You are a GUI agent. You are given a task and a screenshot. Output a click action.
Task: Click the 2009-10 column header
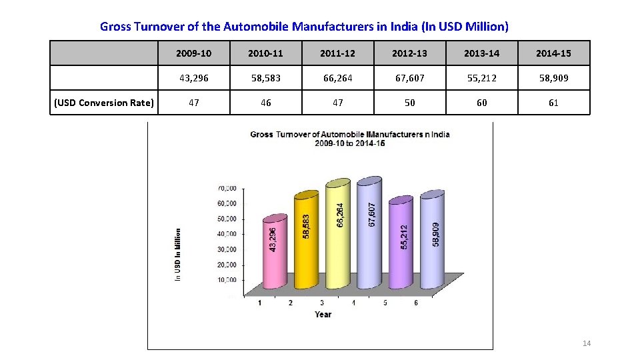click(x=193, y=53)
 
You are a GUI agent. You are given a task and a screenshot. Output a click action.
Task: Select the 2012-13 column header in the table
click(x=409, y=53)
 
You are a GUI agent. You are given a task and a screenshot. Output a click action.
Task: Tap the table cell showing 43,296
click(x=193, y=78)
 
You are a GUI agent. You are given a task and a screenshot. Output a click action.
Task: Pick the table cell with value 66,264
click(x=337, y=78)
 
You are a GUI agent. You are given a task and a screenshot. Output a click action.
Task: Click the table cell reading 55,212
click(x=481, y=78)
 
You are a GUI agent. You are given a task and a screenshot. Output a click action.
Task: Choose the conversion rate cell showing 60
click(x=481, y=103)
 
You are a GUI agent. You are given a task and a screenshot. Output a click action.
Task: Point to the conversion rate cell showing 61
click(x=553, y=103)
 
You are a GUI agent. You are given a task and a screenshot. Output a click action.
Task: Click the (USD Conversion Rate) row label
click(x=105, y=103)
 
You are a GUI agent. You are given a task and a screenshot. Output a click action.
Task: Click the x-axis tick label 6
click(x=416, y=303)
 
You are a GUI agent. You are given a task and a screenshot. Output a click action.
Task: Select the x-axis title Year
click(x=323, y=314)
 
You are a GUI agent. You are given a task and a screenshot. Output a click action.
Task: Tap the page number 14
click(x=587, y=343)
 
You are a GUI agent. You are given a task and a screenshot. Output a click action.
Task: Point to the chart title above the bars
click(x=350, y=139)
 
